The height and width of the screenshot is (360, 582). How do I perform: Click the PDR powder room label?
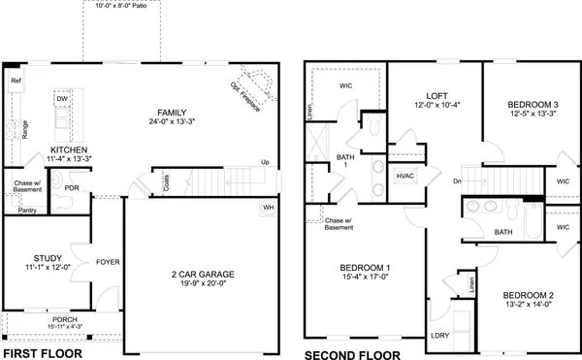[x=71, y=187]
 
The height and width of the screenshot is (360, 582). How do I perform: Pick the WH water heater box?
[x=269, y=207]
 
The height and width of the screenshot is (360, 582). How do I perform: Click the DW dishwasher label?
[x=61, y=100]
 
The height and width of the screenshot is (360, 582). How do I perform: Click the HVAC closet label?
[x=405, y=176]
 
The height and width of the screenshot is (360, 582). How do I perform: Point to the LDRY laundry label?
[x=440, y=335]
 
